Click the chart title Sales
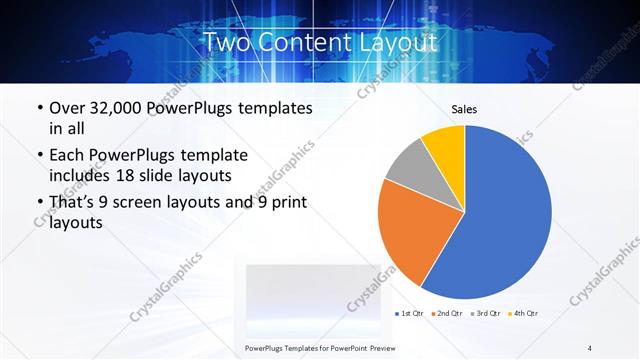coord(465,108)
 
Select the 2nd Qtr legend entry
coord(448,315)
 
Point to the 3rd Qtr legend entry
coord(484,315)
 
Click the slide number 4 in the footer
coord(590,347)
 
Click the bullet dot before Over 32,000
coord(38,107)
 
